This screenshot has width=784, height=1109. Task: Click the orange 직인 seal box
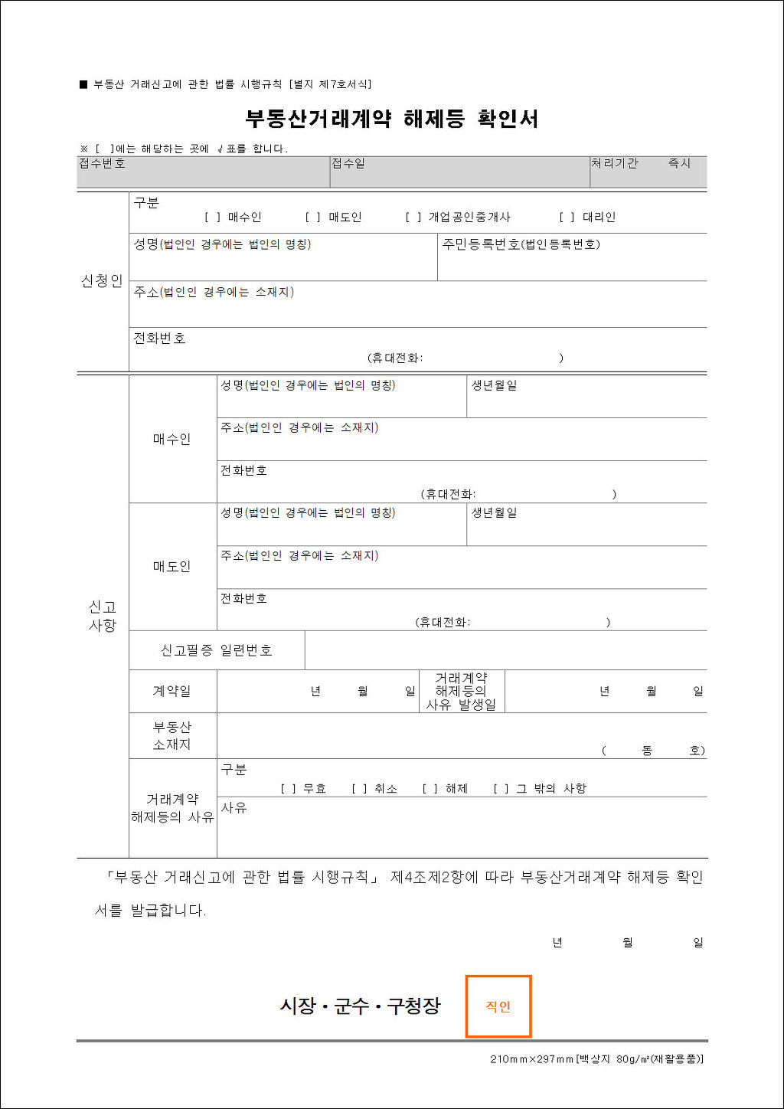tap(498, 1006)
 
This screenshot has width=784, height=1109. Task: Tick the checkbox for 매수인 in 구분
tap(212, 218)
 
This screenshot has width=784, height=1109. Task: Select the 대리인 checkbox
tap(567, 218)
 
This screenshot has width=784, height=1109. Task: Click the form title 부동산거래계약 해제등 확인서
tap(391, 119)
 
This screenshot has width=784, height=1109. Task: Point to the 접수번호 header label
tap(102, 164)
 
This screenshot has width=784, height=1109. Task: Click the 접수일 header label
tap(348, 164)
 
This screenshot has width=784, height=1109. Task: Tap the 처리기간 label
tap(614, 164)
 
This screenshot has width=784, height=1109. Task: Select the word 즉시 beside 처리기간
tap(679, 164)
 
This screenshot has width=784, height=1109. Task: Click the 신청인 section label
tap(102, 281)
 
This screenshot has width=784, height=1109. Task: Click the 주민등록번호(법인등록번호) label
tap(521, 244)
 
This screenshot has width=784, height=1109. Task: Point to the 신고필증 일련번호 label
tap(216, 650)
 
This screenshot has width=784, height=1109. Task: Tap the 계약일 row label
tap(171, 691)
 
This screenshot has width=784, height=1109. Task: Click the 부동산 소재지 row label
tap(171, 735)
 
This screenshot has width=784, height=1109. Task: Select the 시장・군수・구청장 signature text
tap(360, 1006)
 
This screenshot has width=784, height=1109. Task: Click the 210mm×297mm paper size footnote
tap(596, 1059)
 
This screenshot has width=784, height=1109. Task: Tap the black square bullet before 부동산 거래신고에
tap(83, 84)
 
